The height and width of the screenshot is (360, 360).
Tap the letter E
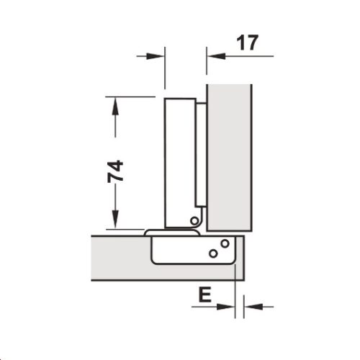(204, 295)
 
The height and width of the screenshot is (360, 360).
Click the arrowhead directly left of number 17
(214, 55)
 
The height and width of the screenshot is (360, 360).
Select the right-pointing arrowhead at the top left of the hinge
(158, 55)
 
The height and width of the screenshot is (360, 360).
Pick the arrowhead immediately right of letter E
(229, 307)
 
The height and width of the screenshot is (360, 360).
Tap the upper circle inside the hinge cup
(225, 243)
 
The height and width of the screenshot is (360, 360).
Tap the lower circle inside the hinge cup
(213, 252)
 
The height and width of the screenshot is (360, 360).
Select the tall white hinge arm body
(180, 158)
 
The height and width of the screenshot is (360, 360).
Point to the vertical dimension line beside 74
(114, 144)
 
